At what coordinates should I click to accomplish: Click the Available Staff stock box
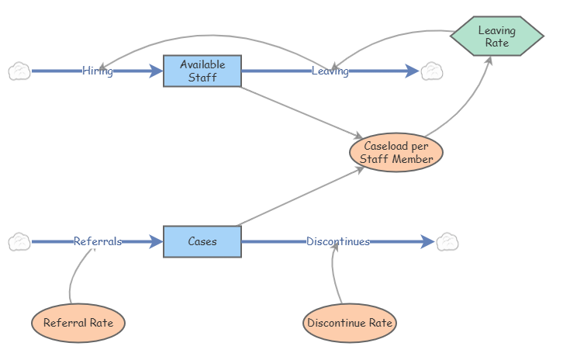(202, 71)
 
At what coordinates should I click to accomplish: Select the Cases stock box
(202, 241)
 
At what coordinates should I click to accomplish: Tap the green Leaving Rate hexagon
(496, 36)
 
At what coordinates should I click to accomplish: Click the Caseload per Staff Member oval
(396, 152)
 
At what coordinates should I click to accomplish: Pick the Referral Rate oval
(78, 323)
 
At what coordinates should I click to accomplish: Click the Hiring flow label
(98, 71)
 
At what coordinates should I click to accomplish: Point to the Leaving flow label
(330, 71)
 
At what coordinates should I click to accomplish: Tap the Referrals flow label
(98, 241)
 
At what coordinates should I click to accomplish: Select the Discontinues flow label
(338, 241)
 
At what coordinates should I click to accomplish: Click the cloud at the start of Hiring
(19, 71)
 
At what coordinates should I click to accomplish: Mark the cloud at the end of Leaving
(431, 71)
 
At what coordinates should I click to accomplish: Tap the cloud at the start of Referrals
(19, 242)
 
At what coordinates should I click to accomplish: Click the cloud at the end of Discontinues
(447, 242)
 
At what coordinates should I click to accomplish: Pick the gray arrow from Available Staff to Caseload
(302, 112)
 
